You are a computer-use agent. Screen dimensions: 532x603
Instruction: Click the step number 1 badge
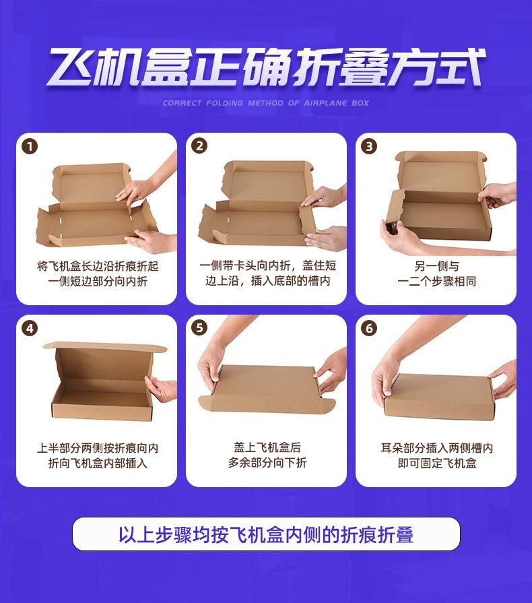click(30, 146)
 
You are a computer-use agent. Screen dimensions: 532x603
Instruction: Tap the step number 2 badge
click(199, 146)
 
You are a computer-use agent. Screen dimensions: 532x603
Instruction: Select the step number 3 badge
click(369, 146)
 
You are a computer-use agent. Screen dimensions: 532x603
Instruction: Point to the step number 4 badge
click(30, 328)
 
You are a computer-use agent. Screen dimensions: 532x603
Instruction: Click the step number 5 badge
click(199, 328)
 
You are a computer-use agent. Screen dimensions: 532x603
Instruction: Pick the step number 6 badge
click(369, 328)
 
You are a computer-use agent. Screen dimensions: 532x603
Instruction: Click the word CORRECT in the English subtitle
click(182, 103)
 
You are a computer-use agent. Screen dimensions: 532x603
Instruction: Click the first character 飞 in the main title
click(70, 67)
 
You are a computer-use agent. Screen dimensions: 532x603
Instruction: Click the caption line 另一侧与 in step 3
click(436, 266)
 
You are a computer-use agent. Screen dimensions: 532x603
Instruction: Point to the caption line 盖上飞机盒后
click(267, 447)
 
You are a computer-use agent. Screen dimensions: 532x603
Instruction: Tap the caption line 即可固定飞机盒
click(437, 463)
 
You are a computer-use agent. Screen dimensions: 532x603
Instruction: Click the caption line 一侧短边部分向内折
click(98, 282)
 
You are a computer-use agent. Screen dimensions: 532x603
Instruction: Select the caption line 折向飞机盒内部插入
click(98, 463)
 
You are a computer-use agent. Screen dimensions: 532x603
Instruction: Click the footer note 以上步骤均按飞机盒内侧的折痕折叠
click(266, 534)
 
